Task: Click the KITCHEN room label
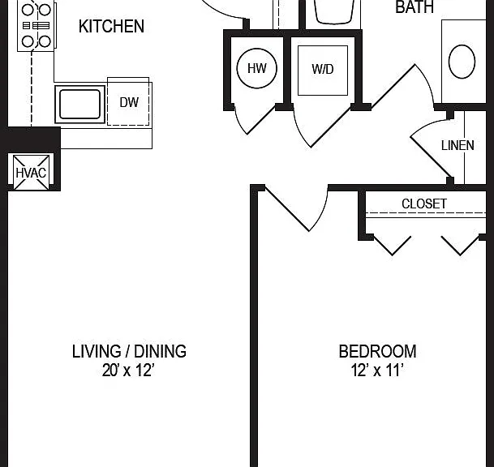(x=111, y=27)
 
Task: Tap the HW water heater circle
(x=257, y=68)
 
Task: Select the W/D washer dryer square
(x=323, y=71)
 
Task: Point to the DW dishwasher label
(x=129, y=102)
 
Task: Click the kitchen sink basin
(x=80, y=105)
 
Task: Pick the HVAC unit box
(x=31, y=173)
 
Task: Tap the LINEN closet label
(x=457, y=145)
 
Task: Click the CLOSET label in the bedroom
(x=424, y=204)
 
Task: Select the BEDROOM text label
(x=377, y=351)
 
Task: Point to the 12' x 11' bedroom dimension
(x=377, y=370)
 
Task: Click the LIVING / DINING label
(x=129, y=351)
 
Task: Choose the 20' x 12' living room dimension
(x=128, y=370)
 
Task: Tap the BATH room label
(x=415, y=7)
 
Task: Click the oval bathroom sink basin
(x=462, y=62)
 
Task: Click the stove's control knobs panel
(x=37, y=25)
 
